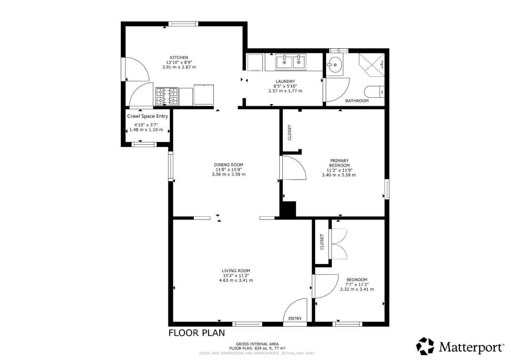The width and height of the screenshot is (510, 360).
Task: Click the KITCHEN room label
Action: [179, 57]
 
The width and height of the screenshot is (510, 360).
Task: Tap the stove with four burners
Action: [167, 96]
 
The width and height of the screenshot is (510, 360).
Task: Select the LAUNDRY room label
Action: [285, 81]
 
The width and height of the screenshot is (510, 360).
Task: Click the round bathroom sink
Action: [334, 65]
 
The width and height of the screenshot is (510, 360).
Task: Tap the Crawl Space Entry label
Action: [148, 116]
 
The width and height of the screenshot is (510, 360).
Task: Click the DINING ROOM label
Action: [229, 165]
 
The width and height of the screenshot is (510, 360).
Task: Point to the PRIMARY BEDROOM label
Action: [339, 163]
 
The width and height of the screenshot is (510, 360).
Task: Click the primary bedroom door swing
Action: [293, 168]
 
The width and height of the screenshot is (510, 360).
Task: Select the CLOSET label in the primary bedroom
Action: [290, 133]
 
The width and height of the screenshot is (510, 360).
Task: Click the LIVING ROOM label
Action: [236, 271]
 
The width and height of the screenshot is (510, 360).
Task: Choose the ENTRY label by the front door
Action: [295, 318]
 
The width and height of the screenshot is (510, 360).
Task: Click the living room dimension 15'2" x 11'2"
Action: [236, 276]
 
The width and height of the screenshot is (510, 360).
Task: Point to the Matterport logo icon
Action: [425, 346]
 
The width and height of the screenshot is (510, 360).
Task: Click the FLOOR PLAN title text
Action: [197, 333]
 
